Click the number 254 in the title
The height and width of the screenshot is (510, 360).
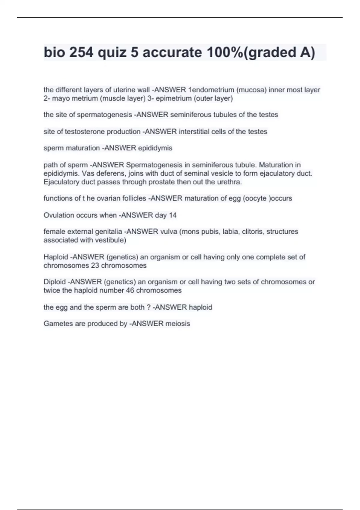pyautogui.click(x=81, y=52)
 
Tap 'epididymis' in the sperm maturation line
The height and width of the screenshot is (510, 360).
pyautogui.click(x=155, y=148)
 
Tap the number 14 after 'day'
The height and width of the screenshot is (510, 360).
pyautogui.click(x=172, y=215)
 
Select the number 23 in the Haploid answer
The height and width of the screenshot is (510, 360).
pyautogui.click(x=95, y=265)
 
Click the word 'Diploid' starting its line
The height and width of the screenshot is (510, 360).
pyautogui.click(x=55, y=282)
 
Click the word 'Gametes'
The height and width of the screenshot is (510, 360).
pyautogui.click(x=55, y=323)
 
